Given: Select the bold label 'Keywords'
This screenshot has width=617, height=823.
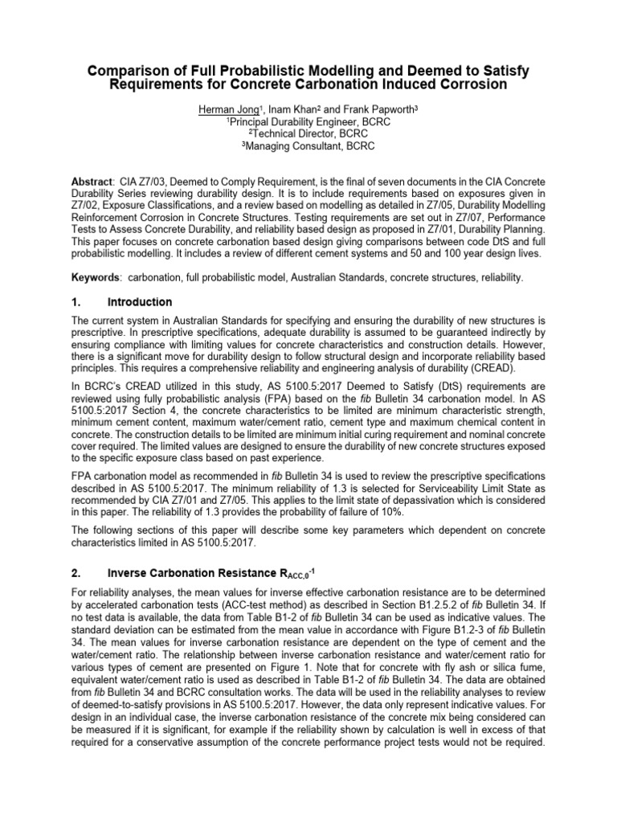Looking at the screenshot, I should tap(96, 276).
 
